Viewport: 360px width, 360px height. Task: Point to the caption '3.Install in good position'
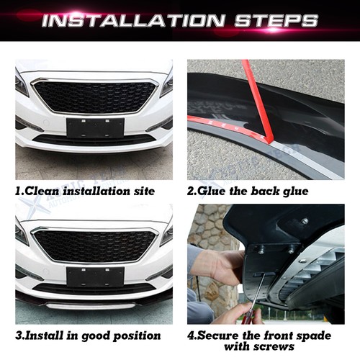[x=87, y=336]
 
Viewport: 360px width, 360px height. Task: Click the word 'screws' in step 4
[x=282, y=348]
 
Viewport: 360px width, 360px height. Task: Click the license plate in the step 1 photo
[x=95, y=128]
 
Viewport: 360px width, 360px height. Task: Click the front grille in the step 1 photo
[x=96, y=96]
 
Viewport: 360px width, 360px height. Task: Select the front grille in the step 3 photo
[x=96, y=245]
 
